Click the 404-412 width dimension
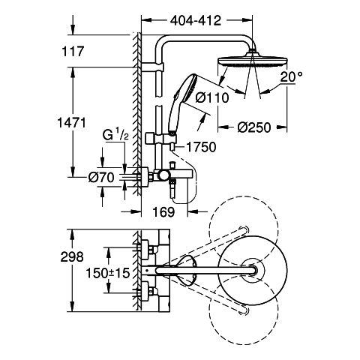(196, 20)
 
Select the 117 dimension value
(73, 52)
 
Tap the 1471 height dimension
(72, 123)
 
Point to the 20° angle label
(291, 77)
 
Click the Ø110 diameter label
(212, 97)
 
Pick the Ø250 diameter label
(254, 127)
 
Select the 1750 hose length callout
(202, 147)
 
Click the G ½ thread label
(115, 136)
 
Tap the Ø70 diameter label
(101, 178)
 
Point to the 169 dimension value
(163, 212)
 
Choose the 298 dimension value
(72, 256)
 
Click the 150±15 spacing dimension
(108, 273)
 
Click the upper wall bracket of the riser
(152, 67)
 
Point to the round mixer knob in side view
(163, 175)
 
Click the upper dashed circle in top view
(244, 231)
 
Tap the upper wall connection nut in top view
(152, 250)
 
